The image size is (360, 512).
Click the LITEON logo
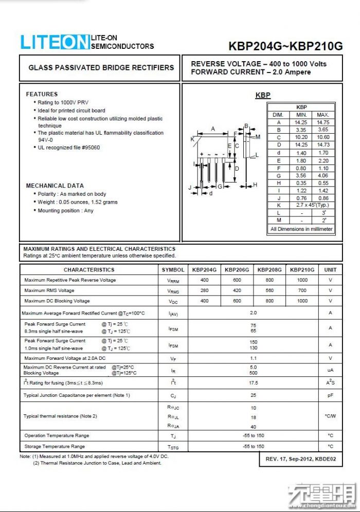point(55,42)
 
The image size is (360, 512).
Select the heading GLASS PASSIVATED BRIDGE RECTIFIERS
point(101,67)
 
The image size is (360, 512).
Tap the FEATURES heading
point(42,94)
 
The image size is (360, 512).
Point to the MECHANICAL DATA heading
point(55,186)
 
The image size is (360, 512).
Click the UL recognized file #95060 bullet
point(69,148)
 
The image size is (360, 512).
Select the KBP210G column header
point(302,269)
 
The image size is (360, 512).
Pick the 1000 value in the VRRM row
point(302,280)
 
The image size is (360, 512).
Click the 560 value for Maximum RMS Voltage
point(269,290)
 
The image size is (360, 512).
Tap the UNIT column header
point(330,269)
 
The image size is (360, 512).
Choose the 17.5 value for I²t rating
point(253,383)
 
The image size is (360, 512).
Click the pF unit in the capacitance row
point(330,395)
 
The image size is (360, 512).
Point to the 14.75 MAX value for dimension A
point(323,122)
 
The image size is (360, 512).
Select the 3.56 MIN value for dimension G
point(301,175)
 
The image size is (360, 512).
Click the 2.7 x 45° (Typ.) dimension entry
point(312,205)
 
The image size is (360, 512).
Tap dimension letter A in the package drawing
point(213,129)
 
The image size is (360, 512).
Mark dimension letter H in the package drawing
point(255,185)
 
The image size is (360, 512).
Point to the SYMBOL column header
point(173,269)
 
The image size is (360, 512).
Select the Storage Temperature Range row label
point(55,446)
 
